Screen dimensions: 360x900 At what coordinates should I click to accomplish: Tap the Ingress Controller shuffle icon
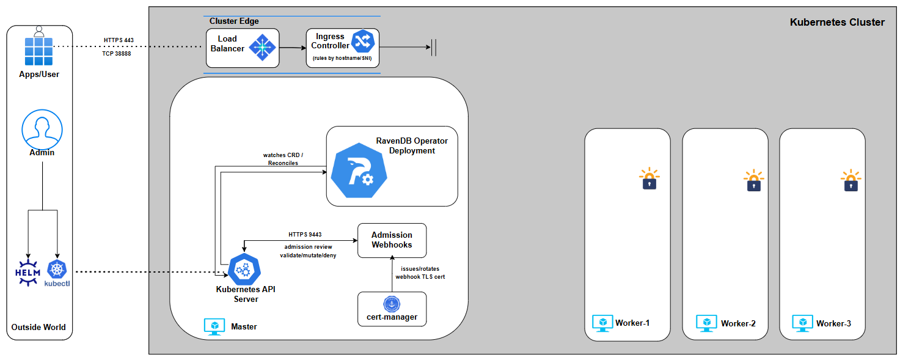point(363,41)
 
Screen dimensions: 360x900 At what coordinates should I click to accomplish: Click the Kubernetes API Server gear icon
point(244,269)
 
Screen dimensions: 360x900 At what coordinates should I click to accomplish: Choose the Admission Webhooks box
point(392,240)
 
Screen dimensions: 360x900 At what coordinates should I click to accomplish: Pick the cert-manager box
point(392,309)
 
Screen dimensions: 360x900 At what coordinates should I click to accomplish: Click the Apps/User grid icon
point(38,51)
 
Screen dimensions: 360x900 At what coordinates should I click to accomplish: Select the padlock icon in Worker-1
point(649,179)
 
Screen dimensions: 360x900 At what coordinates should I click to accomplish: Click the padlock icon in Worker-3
point(851,181)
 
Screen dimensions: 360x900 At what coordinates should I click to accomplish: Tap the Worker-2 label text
point(738,323)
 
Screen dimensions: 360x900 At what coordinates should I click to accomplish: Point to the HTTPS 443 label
point(119,40)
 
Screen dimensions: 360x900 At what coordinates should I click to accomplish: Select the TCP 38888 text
point(116,54)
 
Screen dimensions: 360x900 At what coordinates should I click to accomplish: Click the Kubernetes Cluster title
point(837,22)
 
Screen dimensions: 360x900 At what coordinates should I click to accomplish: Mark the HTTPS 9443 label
point(305,234)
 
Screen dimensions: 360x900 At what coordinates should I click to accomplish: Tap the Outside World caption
point(38,327)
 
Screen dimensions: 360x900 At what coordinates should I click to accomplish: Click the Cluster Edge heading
point(234,21)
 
